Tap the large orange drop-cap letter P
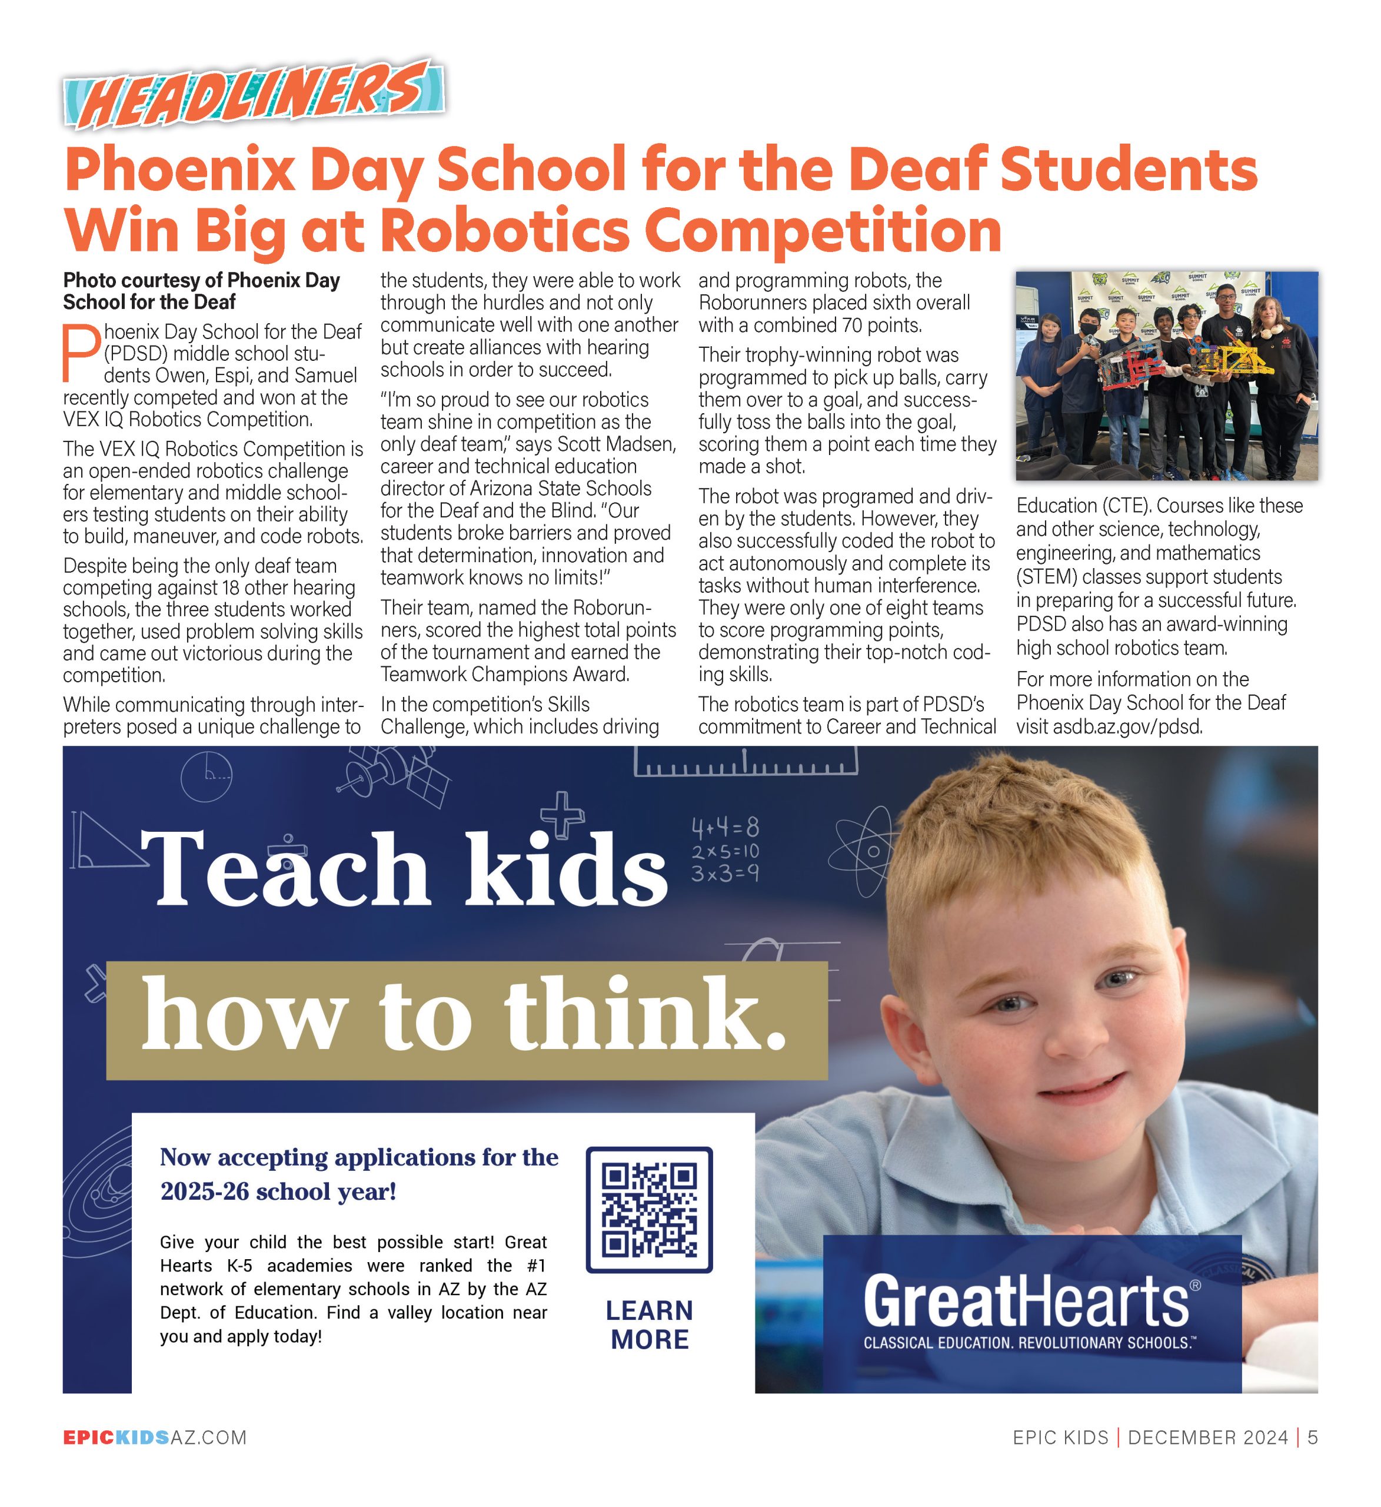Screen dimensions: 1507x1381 click(81, 352)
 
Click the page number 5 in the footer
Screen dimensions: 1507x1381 click(1312, 1438)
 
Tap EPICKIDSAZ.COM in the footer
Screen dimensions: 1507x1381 click(155, 1438)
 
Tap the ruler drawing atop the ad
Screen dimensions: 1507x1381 click(745, 762)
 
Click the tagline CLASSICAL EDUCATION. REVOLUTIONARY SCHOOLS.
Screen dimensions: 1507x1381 click(1030, 1343)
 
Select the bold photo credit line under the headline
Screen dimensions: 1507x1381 click(202, 291)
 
